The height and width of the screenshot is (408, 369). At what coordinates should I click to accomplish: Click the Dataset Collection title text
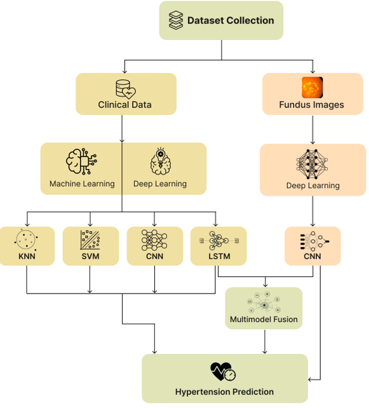(x=231, y=20)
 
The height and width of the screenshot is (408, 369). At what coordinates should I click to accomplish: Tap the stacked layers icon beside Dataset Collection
(x=176, y=20)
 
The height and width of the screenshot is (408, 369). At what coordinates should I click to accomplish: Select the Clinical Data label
(x=124, y=104)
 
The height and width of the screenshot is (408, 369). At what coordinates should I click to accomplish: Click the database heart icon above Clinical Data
(x=125, y=88)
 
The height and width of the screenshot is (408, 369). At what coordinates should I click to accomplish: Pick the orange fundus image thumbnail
(x=312, y=87)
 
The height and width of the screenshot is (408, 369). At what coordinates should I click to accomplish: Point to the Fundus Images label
(x=312, y=104)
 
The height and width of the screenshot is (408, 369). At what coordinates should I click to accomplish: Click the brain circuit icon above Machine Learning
(x=81, y=161)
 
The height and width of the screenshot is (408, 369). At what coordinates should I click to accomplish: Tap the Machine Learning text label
(x=82, y=184)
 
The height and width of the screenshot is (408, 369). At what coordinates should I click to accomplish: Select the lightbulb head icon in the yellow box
(x=160, y=161)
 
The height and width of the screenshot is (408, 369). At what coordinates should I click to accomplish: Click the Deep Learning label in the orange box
(x=312, y=186)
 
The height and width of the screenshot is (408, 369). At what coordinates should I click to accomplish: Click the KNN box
(x=27, y=246)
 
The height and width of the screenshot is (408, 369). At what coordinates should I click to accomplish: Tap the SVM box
(x=90, y=246)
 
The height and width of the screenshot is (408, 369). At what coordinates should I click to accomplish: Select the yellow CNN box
(x=155, y=246)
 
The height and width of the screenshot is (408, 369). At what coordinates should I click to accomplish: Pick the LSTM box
(x=218, y=246)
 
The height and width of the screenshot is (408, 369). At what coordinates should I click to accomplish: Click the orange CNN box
(x=312, y=246)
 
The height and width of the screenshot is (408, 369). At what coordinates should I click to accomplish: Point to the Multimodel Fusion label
(x=264, y=319)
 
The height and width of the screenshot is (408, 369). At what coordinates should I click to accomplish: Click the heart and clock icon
(x=224, y=372)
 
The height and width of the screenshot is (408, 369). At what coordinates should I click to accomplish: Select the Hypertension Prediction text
(x=224, y=391)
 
